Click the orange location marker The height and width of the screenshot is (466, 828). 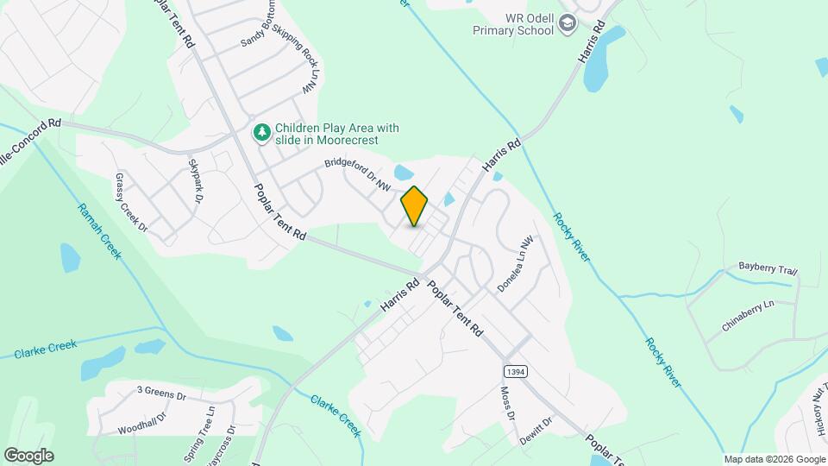pyautogui.click(x=414, y=206)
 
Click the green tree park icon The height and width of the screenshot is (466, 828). pyautogui.click(x=261, y=133)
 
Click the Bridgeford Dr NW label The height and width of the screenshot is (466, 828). pyautogui.click(x=357, y=174)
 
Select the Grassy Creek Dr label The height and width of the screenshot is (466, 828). pyautogui.click(x=131, y=204)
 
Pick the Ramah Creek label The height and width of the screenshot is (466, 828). pyautogui.click(x=100, y=232)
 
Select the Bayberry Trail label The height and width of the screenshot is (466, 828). pyautogui.click(x=768, y=269)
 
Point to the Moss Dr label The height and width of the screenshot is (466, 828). pyautogui.click(x=507, y=404)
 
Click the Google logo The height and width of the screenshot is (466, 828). pyautogui.click(x=28, y=455)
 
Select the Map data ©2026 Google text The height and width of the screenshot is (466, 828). pyautogui.click(x=774, y=459)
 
